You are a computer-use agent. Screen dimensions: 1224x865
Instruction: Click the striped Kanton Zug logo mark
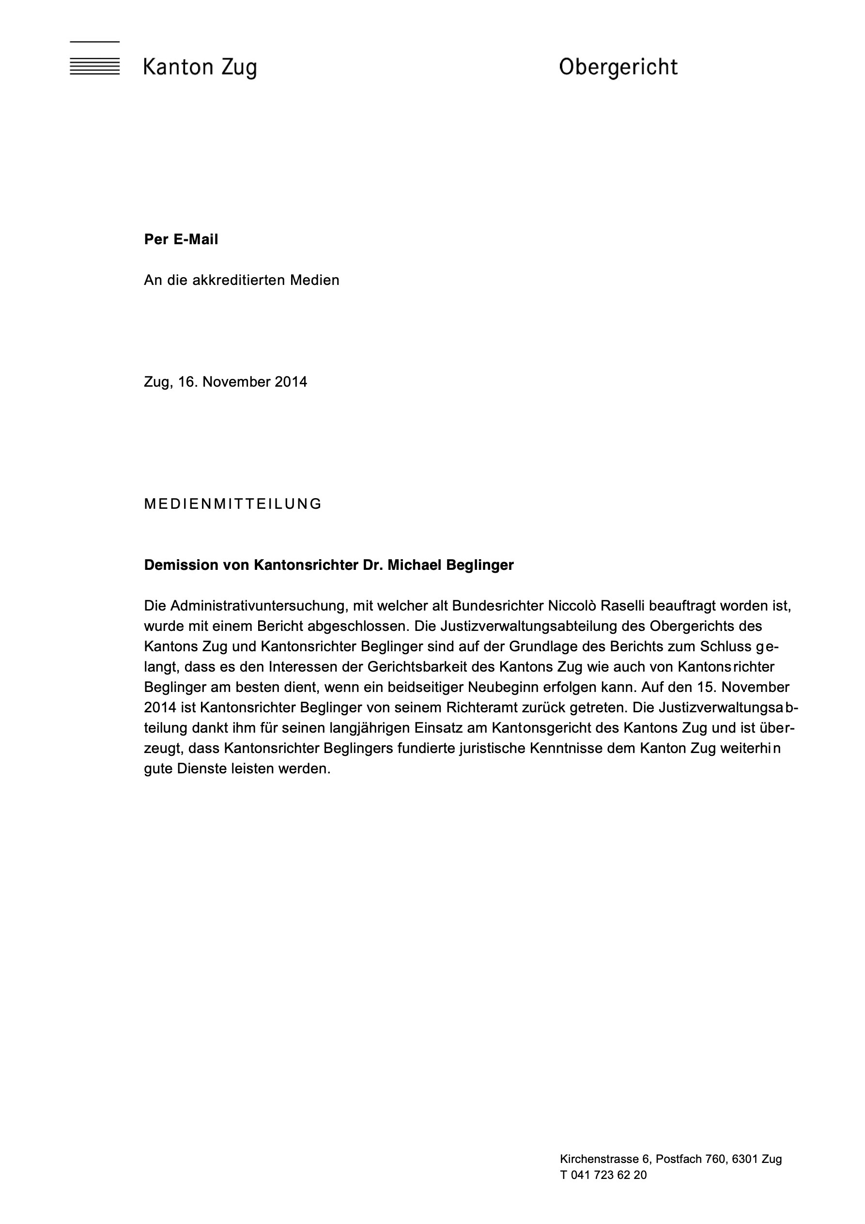coord(94,59)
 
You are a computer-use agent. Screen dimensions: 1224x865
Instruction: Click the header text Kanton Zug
coord(200,68)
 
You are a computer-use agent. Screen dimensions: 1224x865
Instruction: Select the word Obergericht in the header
coord(618,68)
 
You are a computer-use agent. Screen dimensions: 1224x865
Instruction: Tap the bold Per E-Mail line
coord(181,240)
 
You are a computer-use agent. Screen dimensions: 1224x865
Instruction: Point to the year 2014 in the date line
coord(291,382)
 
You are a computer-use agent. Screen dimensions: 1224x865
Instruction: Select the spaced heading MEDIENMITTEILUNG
coord(233,504)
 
